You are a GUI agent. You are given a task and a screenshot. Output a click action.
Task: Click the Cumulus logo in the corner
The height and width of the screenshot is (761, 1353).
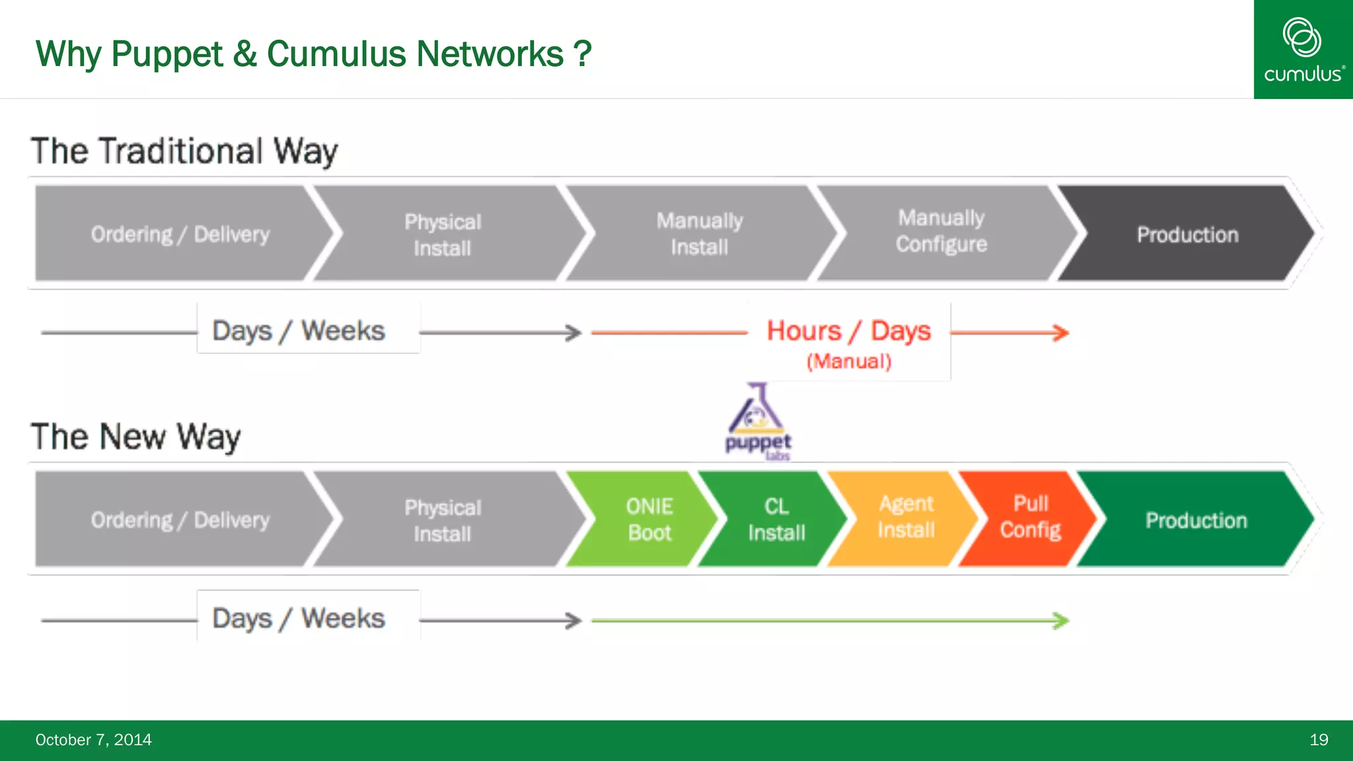coord(1303,50)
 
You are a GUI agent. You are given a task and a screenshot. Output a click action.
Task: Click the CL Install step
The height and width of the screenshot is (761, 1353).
coord(776,519)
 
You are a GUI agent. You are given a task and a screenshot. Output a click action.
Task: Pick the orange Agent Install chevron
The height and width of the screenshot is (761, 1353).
coord(906,517)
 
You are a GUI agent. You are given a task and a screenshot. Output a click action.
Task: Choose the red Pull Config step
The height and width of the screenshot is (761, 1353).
coord(1029,517)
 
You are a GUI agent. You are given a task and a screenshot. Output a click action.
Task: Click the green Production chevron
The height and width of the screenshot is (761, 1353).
coord(1195,520)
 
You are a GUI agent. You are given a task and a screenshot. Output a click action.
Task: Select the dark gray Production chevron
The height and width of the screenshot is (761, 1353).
coord(1187,235)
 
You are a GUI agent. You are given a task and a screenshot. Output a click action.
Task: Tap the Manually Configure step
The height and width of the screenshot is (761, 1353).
coord(941,231)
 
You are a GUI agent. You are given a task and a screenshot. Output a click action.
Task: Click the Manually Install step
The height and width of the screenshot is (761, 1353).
coord(699,234)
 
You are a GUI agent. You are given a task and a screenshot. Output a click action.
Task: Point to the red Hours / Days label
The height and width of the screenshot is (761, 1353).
coord(848,331)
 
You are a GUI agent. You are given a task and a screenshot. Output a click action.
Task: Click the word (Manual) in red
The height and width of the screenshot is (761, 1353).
coord(849,361)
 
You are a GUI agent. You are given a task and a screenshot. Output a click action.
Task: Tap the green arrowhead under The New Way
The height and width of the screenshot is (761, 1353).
coord(1061,620)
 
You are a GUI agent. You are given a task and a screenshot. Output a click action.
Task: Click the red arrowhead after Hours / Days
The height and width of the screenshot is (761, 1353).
coord(1061,332)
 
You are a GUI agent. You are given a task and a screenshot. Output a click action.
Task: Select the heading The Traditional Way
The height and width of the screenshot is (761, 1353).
coord(184,151)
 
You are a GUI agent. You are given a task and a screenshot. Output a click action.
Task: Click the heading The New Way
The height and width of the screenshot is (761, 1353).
coord(135,437)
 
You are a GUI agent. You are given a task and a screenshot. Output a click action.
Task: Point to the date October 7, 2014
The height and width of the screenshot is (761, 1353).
coord(93,740)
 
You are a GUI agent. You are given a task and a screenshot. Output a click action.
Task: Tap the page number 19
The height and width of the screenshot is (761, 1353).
coord(1318,740)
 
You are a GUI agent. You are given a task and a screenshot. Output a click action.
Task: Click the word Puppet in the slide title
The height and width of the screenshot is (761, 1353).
coord(166,54)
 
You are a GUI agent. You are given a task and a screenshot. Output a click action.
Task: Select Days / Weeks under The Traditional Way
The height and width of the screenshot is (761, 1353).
coord(299,330)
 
